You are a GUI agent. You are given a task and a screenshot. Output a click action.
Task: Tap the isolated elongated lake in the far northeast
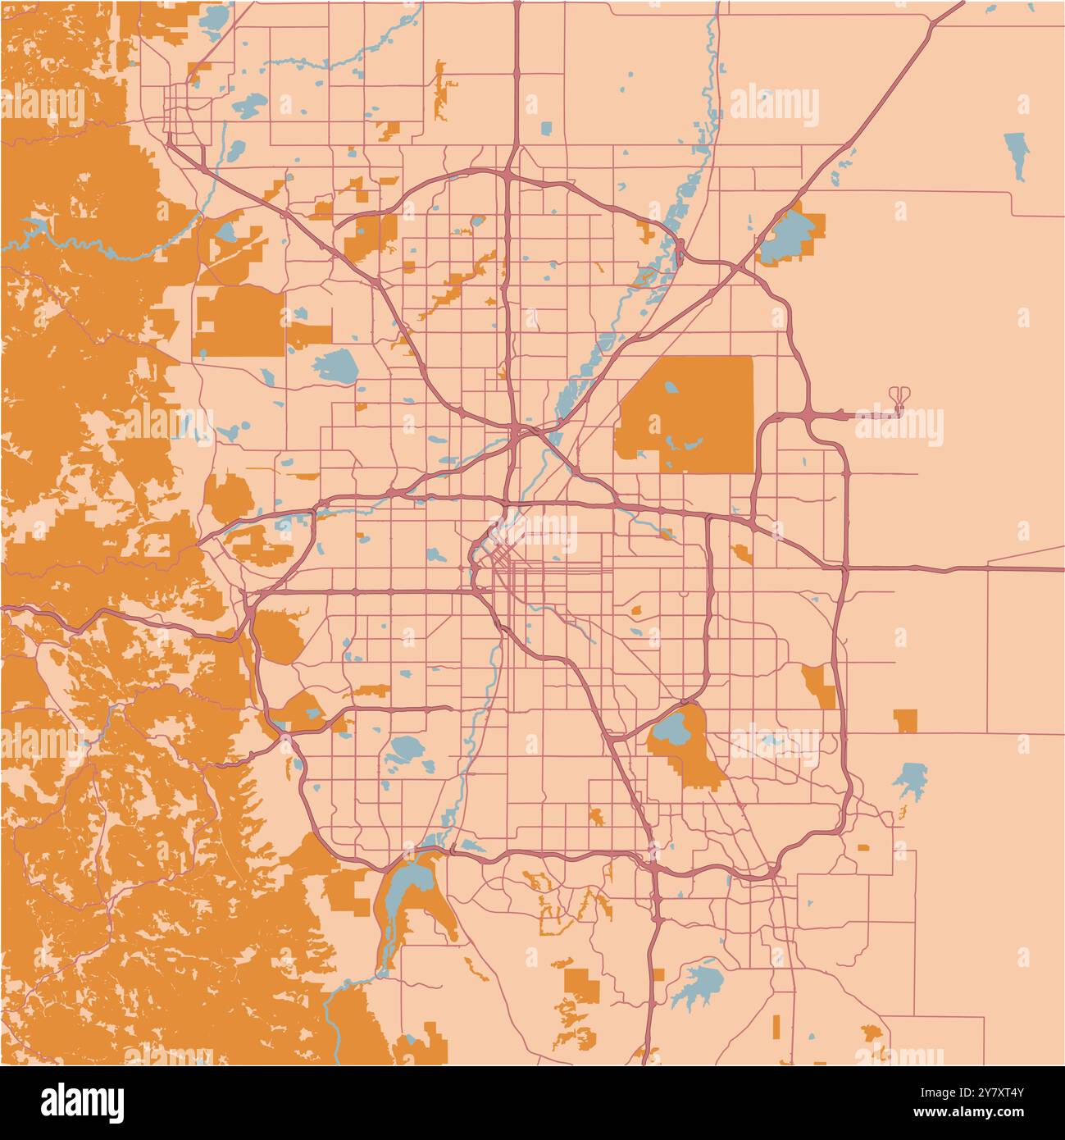(x=1017, y=153)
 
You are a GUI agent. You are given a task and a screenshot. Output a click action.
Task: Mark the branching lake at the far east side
(x=910, y=779)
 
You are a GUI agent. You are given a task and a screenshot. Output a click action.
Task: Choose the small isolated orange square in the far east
(x=905, y=720)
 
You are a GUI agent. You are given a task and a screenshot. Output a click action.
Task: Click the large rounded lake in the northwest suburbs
(x=335, y=364)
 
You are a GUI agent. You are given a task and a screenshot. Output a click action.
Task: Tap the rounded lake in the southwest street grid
(x=403, y=748)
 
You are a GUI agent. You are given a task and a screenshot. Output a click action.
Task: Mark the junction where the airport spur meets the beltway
(x=808, y=413)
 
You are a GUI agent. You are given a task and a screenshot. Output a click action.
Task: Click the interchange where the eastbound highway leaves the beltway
(x=844, y=568)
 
